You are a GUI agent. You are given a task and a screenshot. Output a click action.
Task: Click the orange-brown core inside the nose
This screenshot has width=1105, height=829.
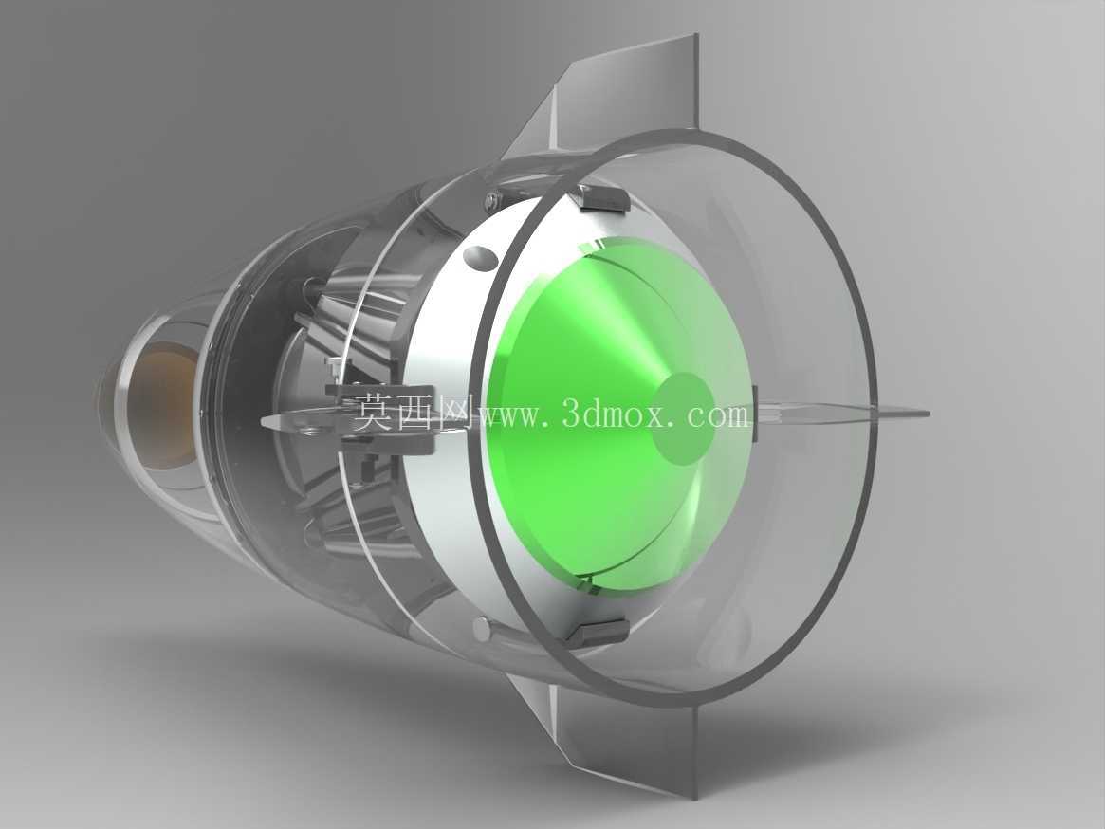(x=163, y=405)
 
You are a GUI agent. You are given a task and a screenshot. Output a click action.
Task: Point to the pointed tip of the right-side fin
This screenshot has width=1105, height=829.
(x=929, y=414)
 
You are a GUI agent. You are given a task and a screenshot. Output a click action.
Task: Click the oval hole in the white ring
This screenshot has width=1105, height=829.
(x=481, y=258)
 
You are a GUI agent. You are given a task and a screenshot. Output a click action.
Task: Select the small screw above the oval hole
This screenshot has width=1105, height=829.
(x=490, y=200)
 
